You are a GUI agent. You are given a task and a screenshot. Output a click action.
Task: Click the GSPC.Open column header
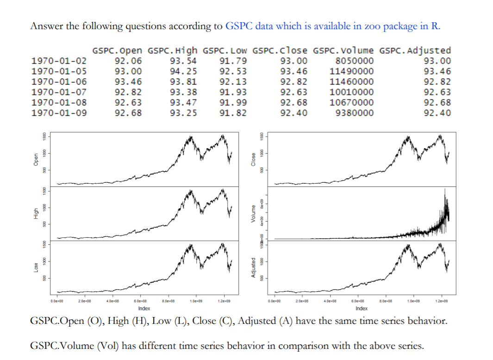tap(118, 50)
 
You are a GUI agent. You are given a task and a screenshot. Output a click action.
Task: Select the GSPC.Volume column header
tap(343, 50)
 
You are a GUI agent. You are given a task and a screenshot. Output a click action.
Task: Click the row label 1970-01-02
tap(58, 61)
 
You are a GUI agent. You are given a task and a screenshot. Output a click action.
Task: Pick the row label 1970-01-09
tap(58, 112)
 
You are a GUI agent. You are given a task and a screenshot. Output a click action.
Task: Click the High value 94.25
tap(183, 71)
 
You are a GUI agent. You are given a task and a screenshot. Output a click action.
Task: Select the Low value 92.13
tap(233, 81)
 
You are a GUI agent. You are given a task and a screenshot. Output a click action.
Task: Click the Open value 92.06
tap(128, 61)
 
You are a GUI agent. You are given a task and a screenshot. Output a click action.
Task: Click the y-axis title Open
tap(35, 159)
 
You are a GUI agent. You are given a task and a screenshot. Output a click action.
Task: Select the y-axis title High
tap(35, 213)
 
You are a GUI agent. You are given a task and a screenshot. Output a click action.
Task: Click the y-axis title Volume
tap(253, 213)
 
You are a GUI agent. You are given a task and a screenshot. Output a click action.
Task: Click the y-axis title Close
tap(253, 159)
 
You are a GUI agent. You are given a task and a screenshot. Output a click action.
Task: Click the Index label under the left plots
tap(144, 308)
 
